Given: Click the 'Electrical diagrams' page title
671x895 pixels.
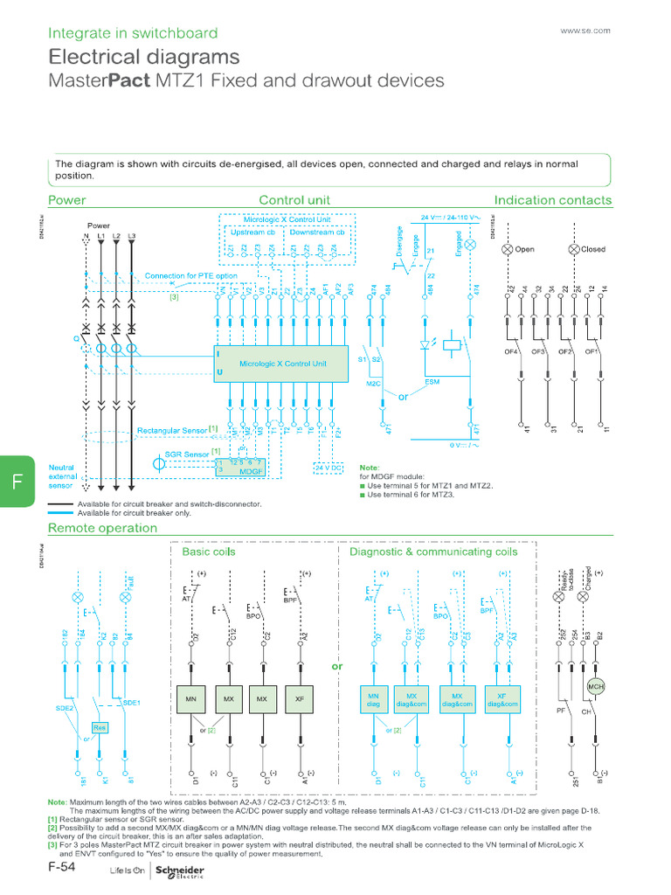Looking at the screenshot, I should [144, 58].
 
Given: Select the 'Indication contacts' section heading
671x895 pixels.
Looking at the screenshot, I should [553, 200].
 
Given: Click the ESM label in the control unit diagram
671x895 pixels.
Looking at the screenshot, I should [432, 382].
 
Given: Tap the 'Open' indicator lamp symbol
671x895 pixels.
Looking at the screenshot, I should [506, 249].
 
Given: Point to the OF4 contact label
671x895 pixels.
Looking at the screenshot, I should [512, 352].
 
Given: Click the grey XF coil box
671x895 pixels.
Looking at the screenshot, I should [300, 699].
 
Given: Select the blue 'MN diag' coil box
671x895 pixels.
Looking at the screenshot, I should [374, 699].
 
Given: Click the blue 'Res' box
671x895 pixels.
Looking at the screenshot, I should [100, 727].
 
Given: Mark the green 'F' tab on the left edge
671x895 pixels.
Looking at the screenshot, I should [17, 481].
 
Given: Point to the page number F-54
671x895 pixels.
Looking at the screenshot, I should [64, 871].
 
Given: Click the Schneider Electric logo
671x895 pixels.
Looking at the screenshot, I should [179, 872].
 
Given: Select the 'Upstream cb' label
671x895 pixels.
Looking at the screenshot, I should [251, 232].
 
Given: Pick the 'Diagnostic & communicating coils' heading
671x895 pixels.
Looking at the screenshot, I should [433, 552].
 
